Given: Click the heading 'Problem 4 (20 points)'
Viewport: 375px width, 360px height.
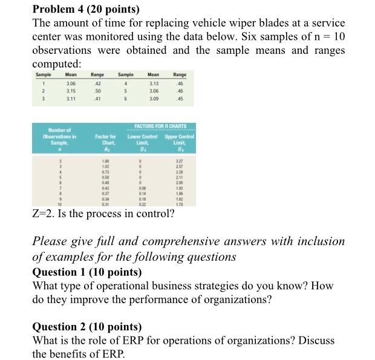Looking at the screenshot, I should tap(85, 9).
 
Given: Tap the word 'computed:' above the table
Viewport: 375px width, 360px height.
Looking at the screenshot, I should tap(56, 64).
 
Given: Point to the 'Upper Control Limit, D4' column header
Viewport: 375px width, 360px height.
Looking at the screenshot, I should tap(179, 142).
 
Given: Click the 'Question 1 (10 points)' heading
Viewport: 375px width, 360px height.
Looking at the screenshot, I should tap(87, 271).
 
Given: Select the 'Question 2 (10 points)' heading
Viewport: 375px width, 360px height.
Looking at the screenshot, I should tap(87, 327).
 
